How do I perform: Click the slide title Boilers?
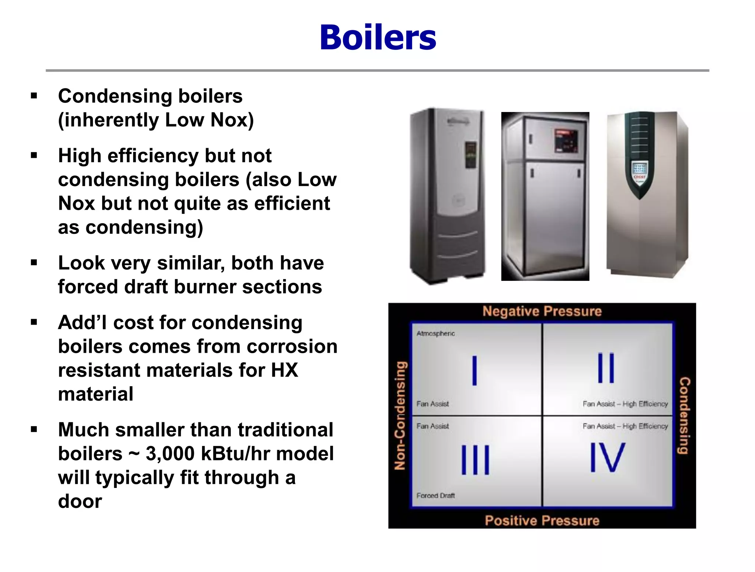pos(378,38)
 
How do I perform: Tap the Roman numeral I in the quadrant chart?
pos(474,371)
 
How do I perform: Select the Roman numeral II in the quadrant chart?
pos(606,368)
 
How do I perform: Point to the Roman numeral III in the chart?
pos(475,460)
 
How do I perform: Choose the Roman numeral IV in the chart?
pos(607,458)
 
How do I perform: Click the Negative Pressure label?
pos(542,311)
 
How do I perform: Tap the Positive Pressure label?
pos(542,520)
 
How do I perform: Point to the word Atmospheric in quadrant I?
pos(435,334)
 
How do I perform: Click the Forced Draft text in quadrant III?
pos(435,496)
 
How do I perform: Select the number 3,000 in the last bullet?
pos(170,454)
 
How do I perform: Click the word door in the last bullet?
pos(80,501)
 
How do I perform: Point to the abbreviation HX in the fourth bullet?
pos(284,370)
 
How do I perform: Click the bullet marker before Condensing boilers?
pos(34,96)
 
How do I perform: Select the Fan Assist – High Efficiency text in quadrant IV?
pos(625,426)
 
